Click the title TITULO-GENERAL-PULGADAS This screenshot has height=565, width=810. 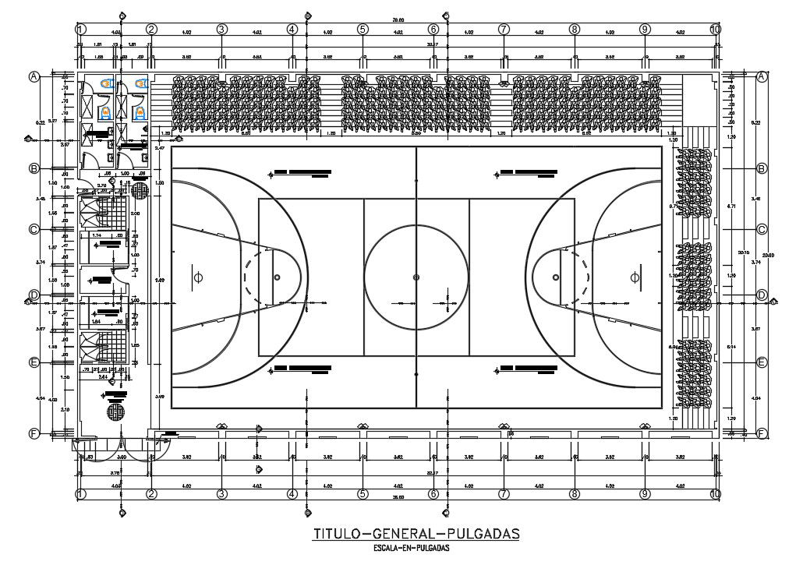[x=416, y=534]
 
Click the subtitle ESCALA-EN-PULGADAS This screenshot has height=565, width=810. [x=416, y=547]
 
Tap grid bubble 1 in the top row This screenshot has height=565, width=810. [x=80, y=29]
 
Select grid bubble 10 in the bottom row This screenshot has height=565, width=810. [x=715, y=494]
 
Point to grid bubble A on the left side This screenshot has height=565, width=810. [x=34, y=76]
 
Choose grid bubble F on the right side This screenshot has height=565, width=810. [x=762, y=434]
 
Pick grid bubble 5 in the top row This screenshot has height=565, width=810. [x=363, y=29]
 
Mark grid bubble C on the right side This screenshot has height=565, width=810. [x=762, y=229]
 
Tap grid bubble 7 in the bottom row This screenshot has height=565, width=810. [x=504, y=494]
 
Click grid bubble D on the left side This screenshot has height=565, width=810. [x=34, y=295]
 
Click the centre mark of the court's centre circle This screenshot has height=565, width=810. [x=416, y=277]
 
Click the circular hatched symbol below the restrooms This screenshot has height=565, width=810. [x=140, y=190]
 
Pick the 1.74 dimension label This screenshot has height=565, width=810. [x=97, y=235]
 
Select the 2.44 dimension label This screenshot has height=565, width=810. [x=103, y=376]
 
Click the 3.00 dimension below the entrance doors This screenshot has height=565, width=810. [x=122, y=457]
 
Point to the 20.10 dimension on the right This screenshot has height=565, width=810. [x=743, y=252]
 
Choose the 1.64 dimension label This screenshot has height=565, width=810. [x=97, y=321]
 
